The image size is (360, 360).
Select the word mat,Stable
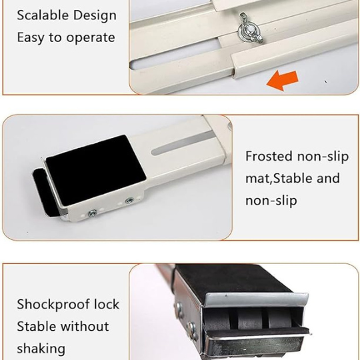pos(283,179)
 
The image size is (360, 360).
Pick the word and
pos(327,178)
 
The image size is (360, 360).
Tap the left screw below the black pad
pos(91,213)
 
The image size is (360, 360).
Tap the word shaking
pos(41,348)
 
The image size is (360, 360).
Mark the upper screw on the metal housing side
pos(179,307)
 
